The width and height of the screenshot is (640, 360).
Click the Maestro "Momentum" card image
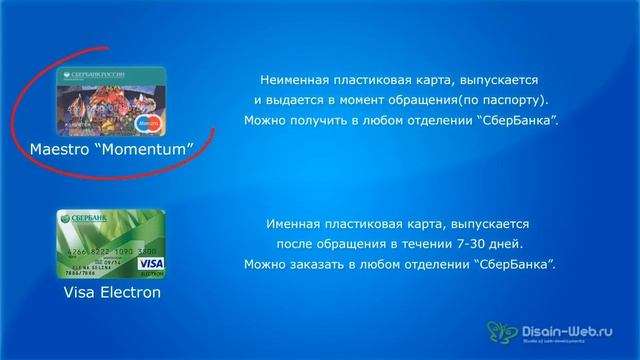click(x=111, y=102)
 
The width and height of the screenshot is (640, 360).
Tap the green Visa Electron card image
click(x=111, y=244)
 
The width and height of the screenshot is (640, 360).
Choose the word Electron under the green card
click(x=130, y=293)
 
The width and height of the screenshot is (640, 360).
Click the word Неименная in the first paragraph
click(x=294, y=78)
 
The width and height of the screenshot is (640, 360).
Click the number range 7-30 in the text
click(x=469, y=244)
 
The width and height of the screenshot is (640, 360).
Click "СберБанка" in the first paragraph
click(x=518, y=121)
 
